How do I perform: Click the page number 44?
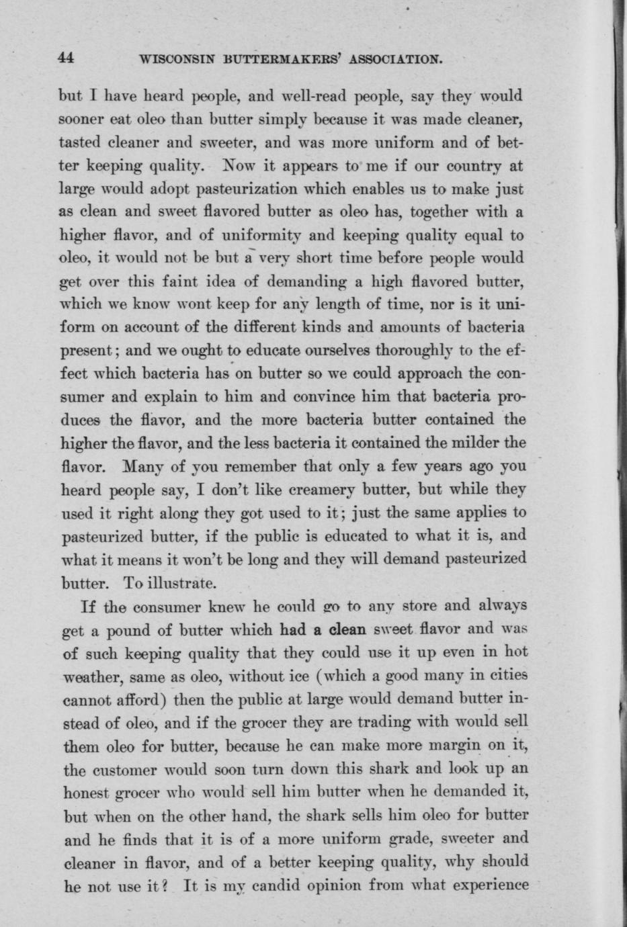tap(66, 58)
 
